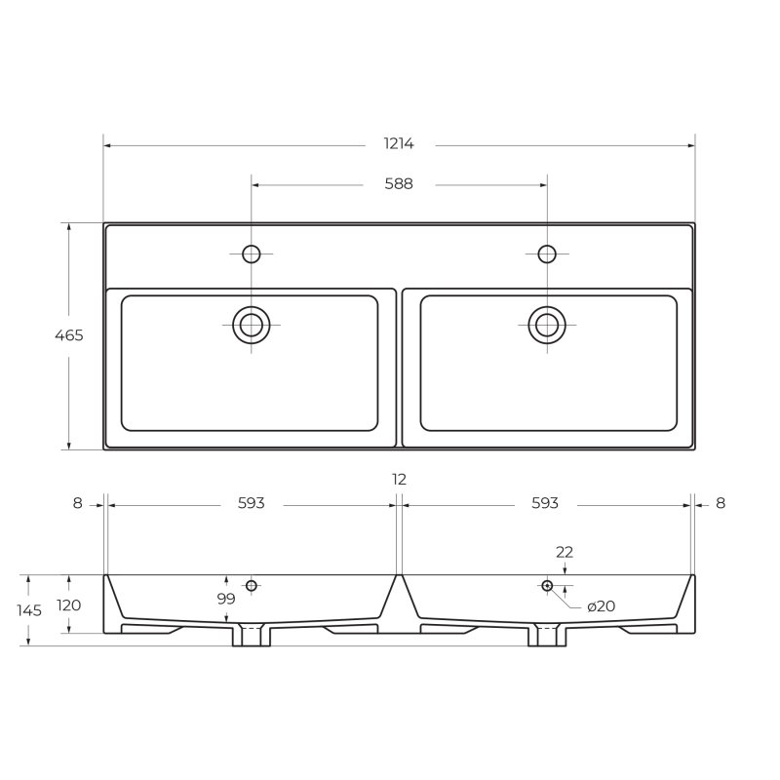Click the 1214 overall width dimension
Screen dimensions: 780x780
[399, 143]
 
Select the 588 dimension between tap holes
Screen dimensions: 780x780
[399, 184]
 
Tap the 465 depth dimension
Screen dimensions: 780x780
[69, 335]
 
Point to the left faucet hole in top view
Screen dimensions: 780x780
[252, 254]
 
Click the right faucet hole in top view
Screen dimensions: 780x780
[547, 254]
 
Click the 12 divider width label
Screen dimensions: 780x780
[400, 480]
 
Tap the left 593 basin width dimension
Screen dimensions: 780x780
[252, 503]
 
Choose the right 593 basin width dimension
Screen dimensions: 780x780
[545, 503]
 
